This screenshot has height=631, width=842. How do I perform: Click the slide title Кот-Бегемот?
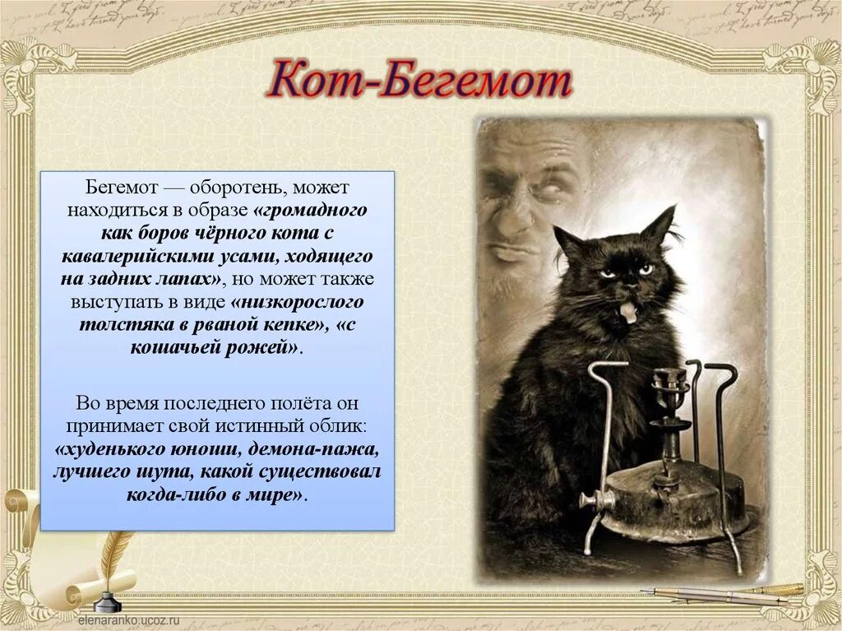tap(420, 83)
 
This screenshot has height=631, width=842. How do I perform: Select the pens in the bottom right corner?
tap(724, 594)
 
